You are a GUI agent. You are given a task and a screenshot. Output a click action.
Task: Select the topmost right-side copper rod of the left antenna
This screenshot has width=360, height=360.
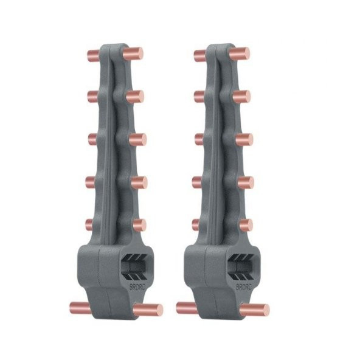click(x=134, y=53)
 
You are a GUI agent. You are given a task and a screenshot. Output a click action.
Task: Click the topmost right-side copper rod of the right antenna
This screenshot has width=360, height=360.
click(x=241, y=53)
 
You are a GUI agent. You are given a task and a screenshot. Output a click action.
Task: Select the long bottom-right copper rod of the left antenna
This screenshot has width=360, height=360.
click(x=149, y=310)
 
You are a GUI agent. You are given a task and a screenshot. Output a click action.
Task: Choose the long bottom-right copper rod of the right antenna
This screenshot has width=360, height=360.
click(x=255, y=310)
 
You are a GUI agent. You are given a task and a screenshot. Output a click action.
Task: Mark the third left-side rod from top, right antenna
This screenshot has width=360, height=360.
click(x=198, y=139)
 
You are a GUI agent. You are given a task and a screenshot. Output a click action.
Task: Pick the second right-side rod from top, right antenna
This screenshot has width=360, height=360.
click(x=243, y=96)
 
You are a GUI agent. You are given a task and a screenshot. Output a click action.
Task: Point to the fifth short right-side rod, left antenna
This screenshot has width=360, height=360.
click(x=139, y=225)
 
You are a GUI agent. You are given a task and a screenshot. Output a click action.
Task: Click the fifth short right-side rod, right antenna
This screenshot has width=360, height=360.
click(x=245, y=225)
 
